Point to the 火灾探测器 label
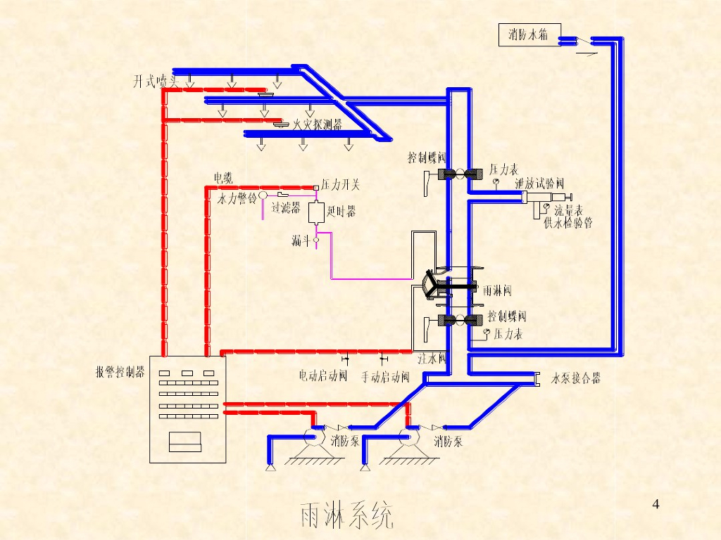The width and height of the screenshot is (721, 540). pos(317,126)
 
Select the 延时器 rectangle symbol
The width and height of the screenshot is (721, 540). pos(315,211)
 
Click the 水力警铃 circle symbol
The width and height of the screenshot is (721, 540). pos(262,195)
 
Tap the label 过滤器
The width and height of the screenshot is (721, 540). pos(286,208)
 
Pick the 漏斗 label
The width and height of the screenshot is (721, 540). pos(301,241)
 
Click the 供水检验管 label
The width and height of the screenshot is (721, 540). pos(568,224)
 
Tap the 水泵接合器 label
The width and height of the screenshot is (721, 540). pos(576,378)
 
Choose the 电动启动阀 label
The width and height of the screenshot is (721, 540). pos(323,376)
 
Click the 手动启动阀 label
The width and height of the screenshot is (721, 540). pos(385,377)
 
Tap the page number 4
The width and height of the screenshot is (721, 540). pos(656,503)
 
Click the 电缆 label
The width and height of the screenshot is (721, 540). pos(223,177)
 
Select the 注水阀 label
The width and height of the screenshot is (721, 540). pos(432,358)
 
